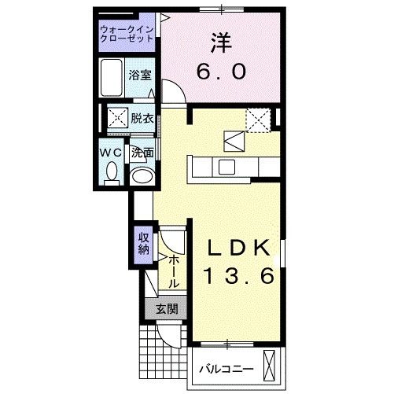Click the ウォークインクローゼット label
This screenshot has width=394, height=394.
pyautogui.click(x=127, y=34)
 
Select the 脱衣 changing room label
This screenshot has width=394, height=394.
pyautogui.click(x=142, y=119)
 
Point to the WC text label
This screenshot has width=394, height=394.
pyautogui.click(x=112, y=153)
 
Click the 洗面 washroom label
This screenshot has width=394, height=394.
pyautogui.click(x=142, y=153)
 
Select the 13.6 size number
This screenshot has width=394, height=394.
pyautogui.click(x=239, y=276)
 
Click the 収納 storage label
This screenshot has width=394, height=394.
pyautogui.click(x=144, y=243)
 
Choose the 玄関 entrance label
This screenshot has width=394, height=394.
pyautogui.click(x=165, y=309)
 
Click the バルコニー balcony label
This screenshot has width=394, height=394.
pyautogui.click(x=225, y=367)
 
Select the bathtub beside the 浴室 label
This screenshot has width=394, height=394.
pyautogui.click(x=112, y=77)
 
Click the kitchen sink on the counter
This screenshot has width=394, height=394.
pyautogui.click(x=226, y=166)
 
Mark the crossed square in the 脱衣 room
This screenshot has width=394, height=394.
pyautogui.click(x=117, y=119)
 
